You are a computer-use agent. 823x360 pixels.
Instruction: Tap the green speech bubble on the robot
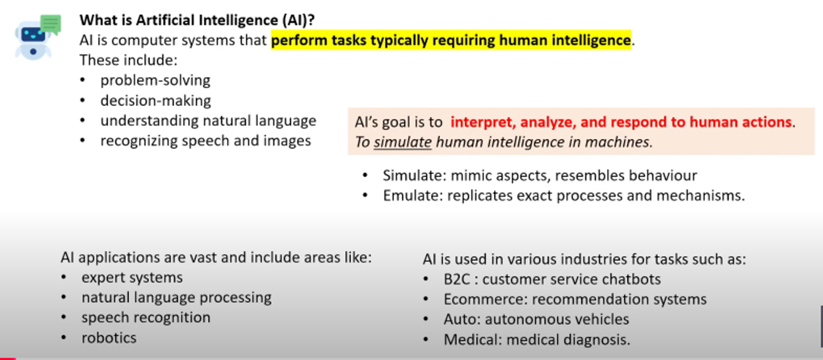click(x=51, y=24)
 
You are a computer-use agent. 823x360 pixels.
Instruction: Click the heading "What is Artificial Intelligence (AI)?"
click(x=197, y=20)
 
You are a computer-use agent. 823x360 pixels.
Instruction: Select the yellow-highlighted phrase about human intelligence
click(x=451, y=40)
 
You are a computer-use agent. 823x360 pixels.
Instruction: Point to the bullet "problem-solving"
click(x=155, y=81)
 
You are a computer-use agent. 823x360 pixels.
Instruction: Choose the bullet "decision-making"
click(x=156, y=100)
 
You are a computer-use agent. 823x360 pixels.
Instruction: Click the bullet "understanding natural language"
click(x=208, y=120)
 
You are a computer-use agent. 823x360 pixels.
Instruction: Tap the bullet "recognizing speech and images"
click(x=206, y=141)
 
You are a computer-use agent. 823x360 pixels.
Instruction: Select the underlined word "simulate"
click(x=403, y=142)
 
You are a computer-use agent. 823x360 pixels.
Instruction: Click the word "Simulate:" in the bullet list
click(x=415, y=176)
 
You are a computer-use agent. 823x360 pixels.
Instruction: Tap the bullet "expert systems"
click(x=132, y=278)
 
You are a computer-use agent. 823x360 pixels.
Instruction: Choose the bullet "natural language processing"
click(x=177, y=298)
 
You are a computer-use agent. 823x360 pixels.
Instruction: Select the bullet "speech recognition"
click(x=146, y=318)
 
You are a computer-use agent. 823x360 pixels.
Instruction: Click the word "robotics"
click(x=109, y=338)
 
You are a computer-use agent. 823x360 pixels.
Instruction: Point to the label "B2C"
click(x=457, y=279)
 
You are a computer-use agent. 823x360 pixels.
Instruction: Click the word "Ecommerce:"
click(x=486, y=299)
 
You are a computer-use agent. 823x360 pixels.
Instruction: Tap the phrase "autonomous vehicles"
click(x=557, y=319)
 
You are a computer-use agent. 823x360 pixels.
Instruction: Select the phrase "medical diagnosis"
click(x=569, y=340)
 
